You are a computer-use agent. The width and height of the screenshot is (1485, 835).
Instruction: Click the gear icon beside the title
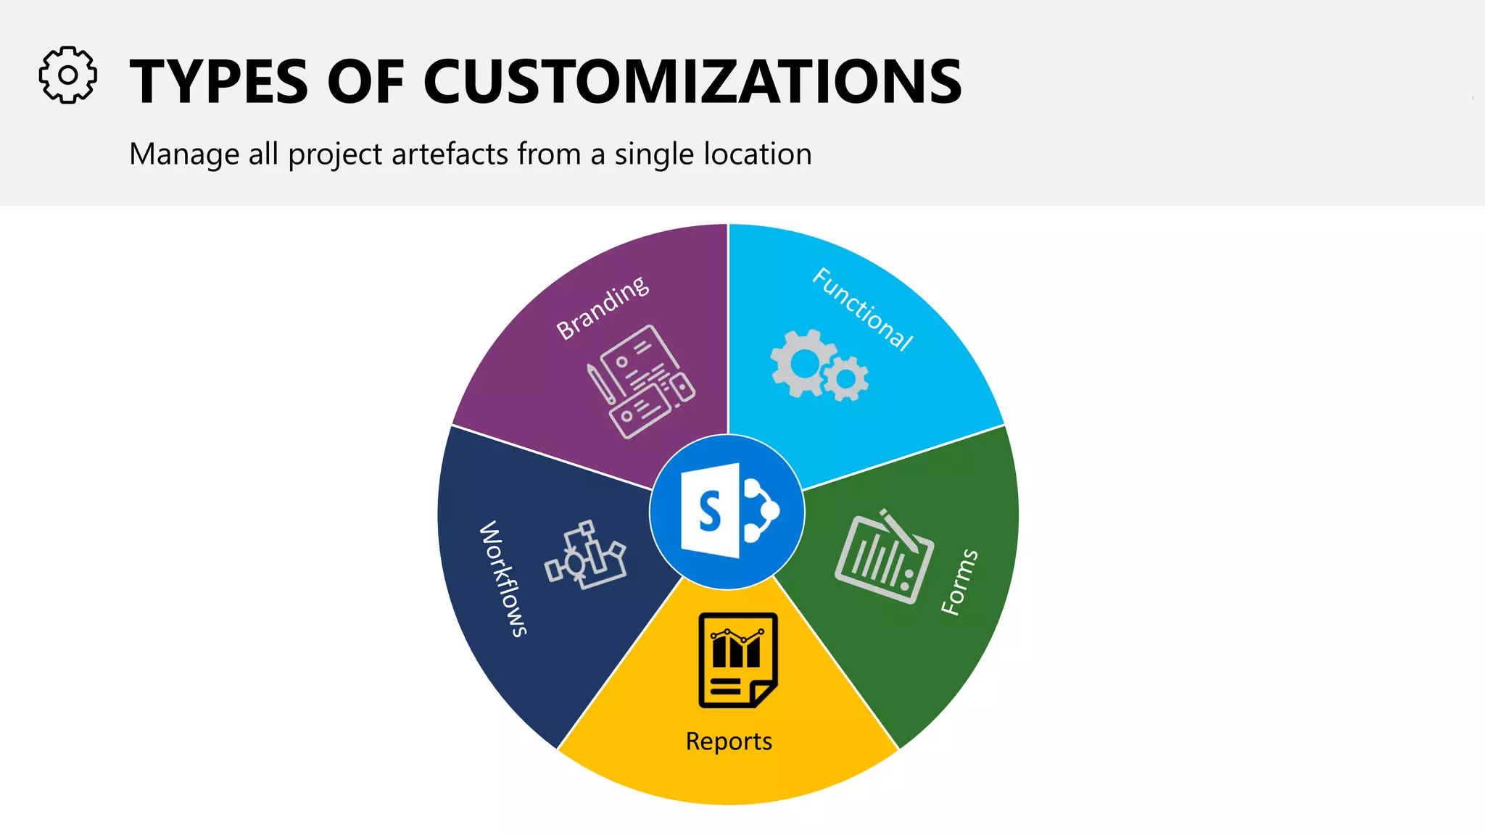pyautogui.click(x=67, y=75)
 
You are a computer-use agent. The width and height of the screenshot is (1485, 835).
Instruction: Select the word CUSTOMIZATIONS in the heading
pyautogui.click(x=692, y=81)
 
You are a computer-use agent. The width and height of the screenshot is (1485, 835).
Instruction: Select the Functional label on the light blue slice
pyautogui.click(x=862, y=309)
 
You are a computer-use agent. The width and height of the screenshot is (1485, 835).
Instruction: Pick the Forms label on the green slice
pyautogui.click(x=959, y=582)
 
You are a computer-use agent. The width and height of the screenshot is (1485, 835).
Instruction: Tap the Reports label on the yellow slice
pyautogui.click(x=729, y=741)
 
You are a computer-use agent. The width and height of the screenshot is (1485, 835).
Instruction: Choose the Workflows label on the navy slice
pyautogui.click(x=502, y=578)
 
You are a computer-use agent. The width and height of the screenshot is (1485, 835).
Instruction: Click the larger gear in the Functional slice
pyautogui.click(x=803, y=362)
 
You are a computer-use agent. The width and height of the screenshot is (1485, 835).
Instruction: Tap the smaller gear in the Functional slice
pyautogui.click(x=846, y=378)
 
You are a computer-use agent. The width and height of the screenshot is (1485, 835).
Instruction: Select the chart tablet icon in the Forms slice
pyautogui.click(x=884, y=557)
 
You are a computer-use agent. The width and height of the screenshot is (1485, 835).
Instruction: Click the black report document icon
pyautogui.click(x=737, y=660)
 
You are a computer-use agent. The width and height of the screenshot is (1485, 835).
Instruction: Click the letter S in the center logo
pyautogui.click(x=710, y=511)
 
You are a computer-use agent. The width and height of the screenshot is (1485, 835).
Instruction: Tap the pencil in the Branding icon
pyautogui.click(x=601, y=385)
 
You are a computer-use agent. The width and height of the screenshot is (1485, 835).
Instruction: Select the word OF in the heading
pyautogui.click(x=365, y=81)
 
